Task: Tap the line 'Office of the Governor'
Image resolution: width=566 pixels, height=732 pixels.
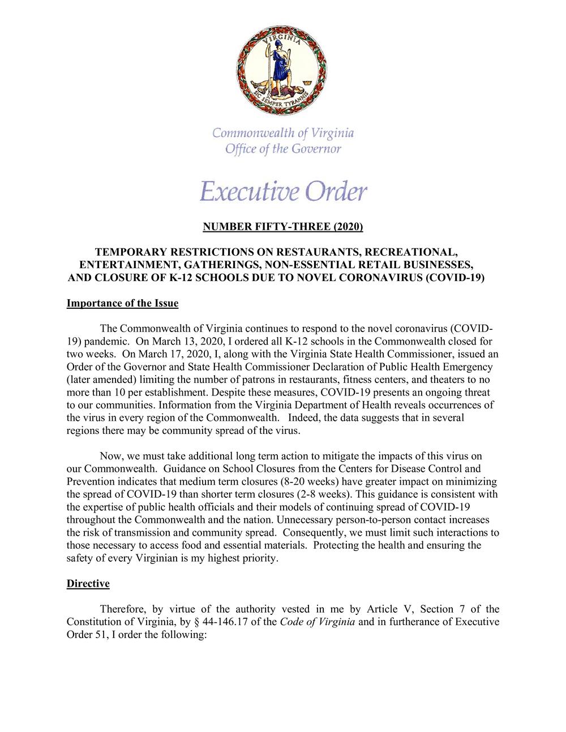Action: tap(283, 149)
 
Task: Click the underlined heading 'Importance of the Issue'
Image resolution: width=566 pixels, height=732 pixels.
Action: tap(122, 304)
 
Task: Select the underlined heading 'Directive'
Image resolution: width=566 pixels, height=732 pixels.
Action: tap(88, 584)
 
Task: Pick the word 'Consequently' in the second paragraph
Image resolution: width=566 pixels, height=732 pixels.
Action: tap(313, 533)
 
